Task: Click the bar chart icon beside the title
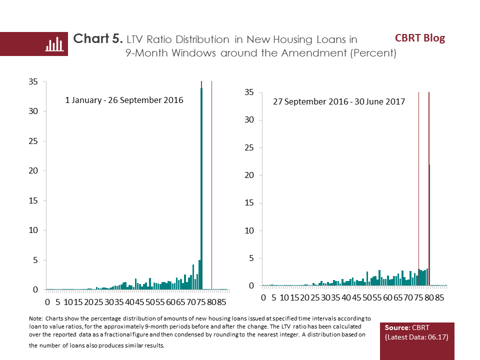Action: pyautogui.click(x=53, y=44)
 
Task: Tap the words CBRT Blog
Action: pyautogui.click(x=419, y=38)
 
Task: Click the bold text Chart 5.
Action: pyautogui.click(x=98, y=39)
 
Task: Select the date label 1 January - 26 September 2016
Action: pyautogui.click(x=124, y=100)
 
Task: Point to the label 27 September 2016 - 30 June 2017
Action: pyautogui.click(x=339, y=101)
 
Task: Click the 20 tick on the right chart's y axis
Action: pyautogui.click(x=248, y=175)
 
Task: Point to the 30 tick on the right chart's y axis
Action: pyautogui.click(x=248, y=120)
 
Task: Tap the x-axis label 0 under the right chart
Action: pyautogui.click(x=263, y=298)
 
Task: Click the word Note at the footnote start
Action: pyautogui.click(x=36, y=318)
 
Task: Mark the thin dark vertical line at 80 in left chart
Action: pyautogui.click(x=212, y=185)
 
